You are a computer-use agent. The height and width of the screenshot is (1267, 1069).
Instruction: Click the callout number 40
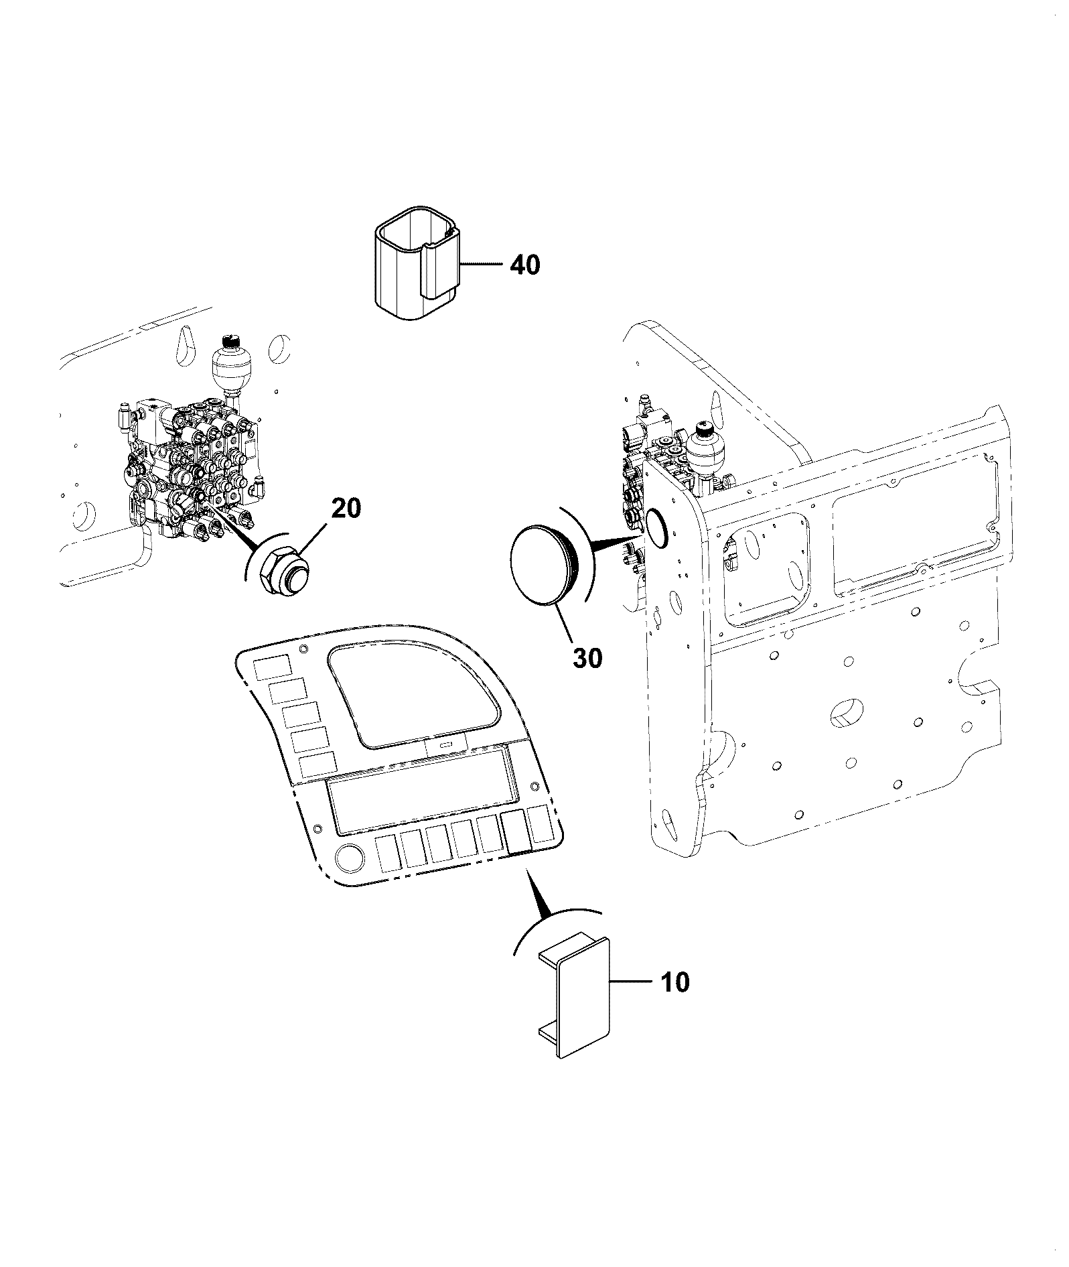tap(524, 265)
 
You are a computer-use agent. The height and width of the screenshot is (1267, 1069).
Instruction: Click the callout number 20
tap(346, 509)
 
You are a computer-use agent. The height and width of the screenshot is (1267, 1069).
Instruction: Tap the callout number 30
tap(587, 657)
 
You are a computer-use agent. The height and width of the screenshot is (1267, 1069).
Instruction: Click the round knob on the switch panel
tap(349, 857)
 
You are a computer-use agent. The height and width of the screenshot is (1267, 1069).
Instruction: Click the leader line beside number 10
tap(631, 982)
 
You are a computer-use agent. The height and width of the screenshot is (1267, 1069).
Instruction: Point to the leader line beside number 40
tap(481, 265)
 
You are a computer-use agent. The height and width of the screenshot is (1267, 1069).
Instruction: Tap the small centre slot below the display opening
tap(445, 744)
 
